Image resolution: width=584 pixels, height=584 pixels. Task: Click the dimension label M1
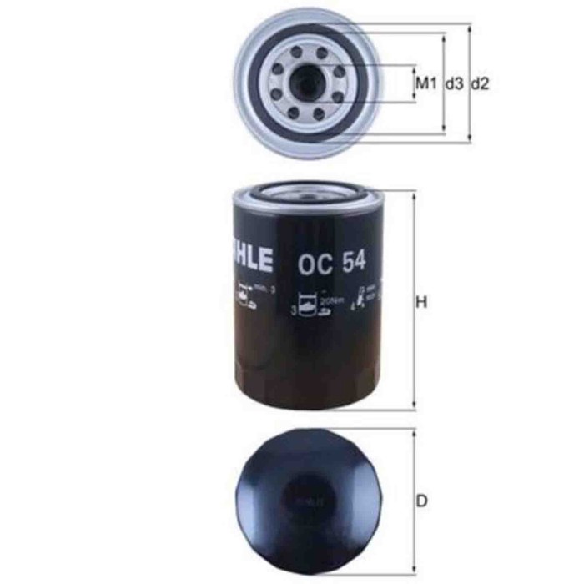tap(426, 83)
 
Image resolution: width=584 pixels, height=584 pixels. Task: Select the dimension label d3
tap(454, 83)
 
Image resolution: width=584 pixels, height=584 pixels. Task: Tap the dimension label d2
tap(481, 83)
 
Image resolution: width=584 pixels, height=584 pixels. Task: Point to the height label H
tap(422, 302)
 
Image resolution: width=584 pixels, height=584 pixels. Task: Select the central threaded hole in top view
tap(304, 83)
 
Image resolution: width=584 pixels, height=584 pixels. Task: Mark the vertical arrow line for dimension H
tap(413, 250)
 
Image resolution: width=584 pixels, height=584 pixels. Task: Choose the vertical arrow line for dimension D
tap(413, 467)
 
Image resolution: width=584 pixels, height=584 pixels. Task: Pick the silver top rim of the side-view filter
tap(302, 196)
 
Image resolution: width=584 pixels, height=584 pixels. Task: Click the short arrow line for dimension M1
tap(414, 83)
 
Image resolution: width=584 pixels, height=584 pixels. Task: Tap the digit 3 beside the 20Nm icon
tap(293, 310)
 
